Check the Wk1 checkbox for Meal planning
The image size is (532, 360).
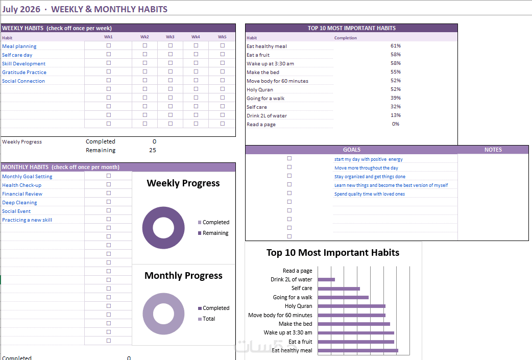[109, 45]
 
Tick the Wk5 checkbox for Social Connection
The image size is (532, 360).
[223, 80]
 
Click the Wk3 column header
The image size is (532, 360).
[170, 37]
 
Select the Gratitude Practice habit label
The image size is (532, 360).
[24, 73]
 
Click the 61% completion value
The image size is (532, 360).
[396, 46]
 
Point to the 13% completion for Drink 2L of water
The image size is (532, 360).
[396, 115]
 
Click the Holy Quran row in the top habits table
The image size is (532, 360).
[260, 89]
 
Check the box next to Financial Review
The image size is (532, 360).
[109, 193]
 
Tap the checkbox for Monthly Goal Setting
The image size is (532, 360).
[109, 176]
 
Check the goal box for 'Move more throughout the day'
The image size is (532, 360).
[289, 167]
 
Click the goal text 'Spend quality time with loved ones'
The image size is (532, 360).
[370, 194]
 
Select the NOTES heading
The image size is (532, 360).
[493, 150]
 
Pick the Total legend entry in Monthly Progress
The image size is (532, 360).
[207, 319]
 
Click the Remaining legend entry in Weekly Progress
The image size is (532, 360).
[213, 233]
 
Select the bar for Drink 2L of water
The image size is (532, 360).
[326, 280]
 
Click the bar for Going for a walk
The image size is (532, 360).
[344, 297]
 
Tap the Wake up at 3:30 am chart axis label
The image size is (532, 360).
[288, 332]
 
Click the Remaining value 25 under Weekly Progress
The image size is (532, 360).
[153, 150]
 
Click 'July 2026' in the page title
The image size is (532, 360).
[21, 9]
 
